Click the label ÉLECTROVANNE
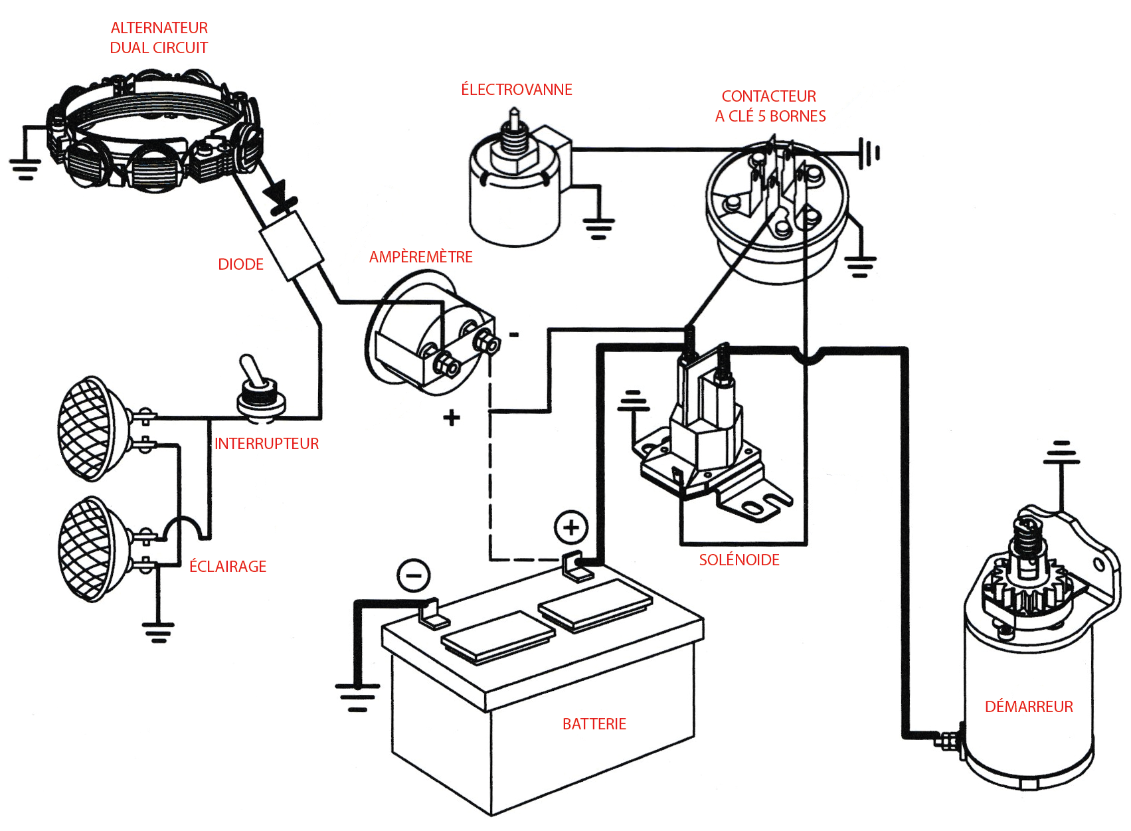pyautogui.click(x=517, y=89)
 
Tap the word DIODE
pyautogui.click(x=240, y=264)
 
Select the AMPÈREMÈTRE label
pyautogui.click(x=420, y=256)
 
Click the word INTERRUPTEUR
pyautogui.click(x=266, y=444)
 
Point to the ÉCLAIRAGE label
pyautogui.click(x=228, y=566)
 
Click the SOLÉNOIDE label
pyautogui.click(x=739, y=559)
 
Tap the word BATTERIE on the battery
pyautogui.click(x=594, y=724)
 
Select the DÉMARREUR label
pyautogui.click(x=1029, y=706)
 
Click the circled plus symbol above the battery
pyautogui.click(x=571, y=528)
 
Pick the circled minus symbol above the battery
pyautogui.click(x=414, y=575)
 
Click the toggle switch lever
pyautogui.click(x=252, y=371)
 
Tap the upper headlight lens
pyautogui.click(x=85, y=428)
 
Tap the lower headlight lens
pyautogui.click(x=85, y=549)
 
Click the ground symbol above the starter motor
pyautogui.click(x=1062, y=452)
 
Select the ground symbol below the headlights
pyautogui.click(x=158, y=632)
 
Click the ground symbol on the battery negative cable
pyautogui.click(x=357, y=697)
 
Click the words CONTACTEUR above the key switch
pyautogui.click(x=769, y=96)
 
